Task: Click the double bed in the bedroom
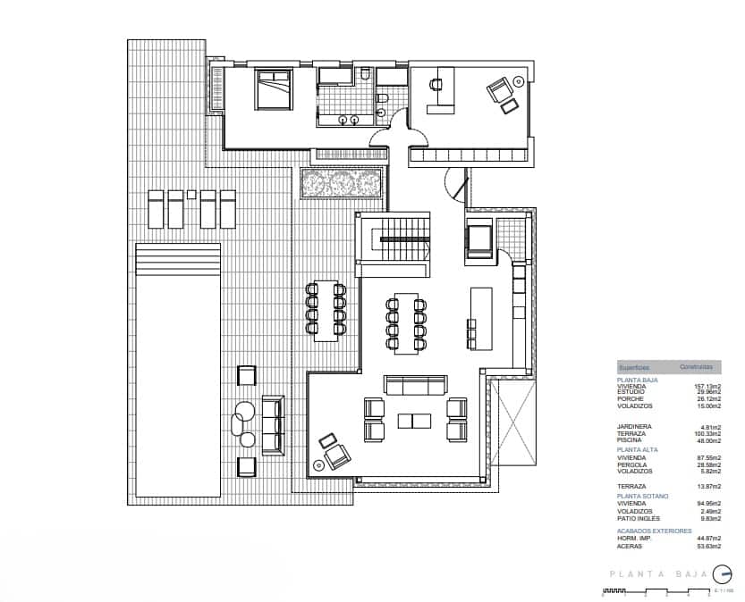[x=274, y=90]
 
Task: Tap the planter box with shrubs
[x=343, y=184]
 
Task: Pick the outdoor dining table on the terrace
[x=326, y=310]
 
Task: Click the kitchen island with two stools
[x=481, y=319]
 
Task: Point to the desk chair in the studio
[x=436, y=84]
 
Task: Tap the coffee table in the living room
[x=415, y=420]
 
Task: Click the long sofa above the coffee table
[x=415, y=385]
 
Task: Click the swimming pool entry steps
[x=177, y=261]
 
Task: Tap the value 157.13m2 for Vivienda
[x=707, y=386]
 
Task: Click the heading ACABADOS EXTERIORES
[x=654, y=531]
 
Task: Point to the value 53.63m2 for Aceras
[x=708, y=546]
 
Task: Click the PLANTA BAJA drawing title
[x=658, y=576]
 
